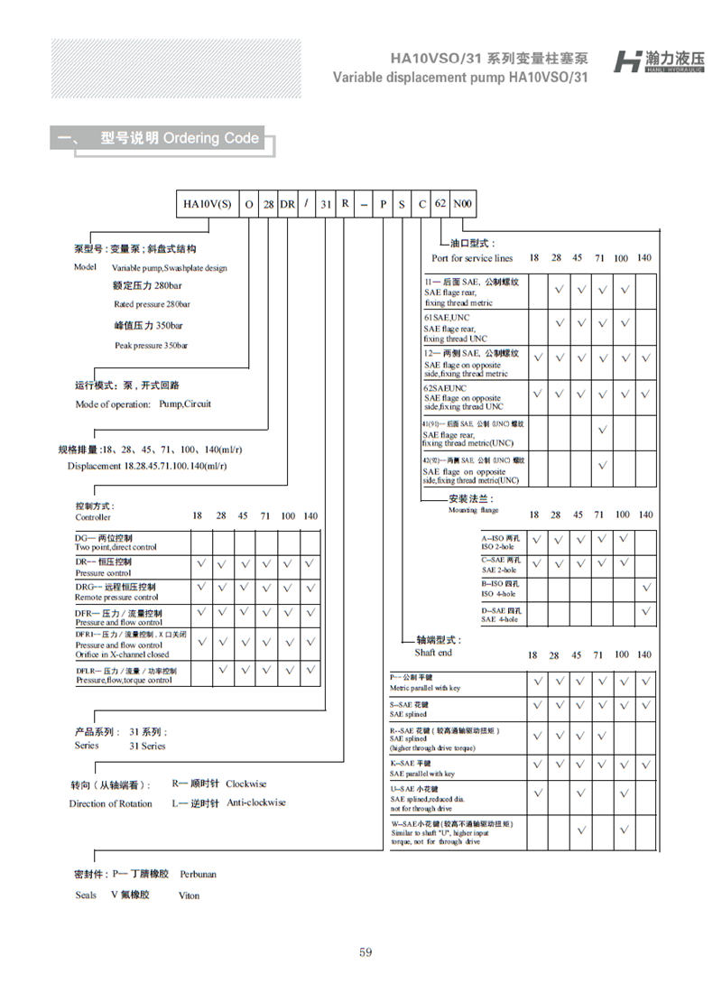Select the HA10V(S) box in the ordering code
[208, 204]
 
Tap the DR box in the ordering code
[287, 204]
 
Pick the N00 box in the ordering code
[462, 204]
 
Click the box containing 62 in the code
[440, 204]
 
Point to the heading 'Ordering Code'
[211, 138]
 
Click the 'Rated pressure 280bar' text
[152, 304]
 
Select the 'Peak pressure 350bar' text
[151, 346]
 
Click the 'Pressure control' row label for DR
[103, 573]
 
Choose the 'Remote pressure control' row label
[116, 597]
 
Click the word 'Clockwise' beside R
[246, 784]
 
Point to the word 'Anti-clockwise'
[255, 803]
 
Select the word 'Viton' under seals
[189, 895]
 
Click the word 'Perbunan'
[198, 874]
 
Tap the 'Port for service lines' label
[472, 259]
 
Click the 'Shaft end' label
[433, 653]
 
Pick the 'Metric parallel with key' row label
[424, 688]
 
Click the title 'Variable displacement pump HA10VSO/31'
[460, 78]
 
